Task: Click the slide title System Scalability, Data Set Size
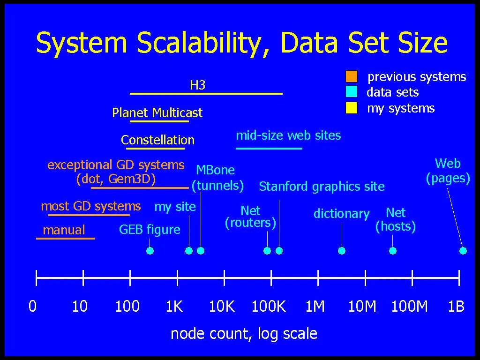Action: pyautogui.click(x=241, y=43)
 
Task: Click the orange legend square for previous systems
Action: pyautogui.click(x=351, y=76)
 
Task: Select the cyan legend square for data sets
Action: pyautogui.click(x=351, y=92)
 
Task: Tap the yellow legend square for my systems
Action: pyautogui.click(x=351, y=108)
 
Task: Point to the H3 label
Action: pyautogui.click(x=197, y=85)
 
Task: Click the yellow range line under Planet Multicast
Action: pyautogui.click(x=159, y=121)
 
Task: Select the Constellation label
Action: pyautogui.click(x=157, y=140)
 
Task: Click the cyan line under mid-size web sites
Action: pyautogui.click(x=269, y=148)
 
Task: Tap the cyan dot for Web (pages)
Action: pyautogui.click(x=463, y=251)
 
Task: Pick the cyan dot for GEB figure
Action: pyautogui.click(x=150, y=251)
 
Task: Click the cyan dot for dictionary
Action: pyautogui.click(x=342, y=251)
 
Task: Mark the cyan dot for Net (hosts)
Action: pyautogui.click(x=393, y=251)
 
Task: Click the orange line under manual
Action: pyautogui.click(x=65, y=239)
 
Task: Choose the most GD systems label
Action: pyautogui.click(x=91, y=206)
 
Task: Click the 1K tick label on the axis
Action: pyautogui.click(x=174, y=307)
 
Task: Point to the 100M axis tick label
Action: pyautogui.click(x=409, y=307)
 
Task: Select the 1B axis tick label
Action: pyautogui.click(x=456, y=307)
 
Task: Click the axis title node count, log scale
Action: pyautogui.click(x=244, y=334)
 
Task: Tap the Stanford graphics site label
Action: pyautogui.click(x=322, y=187)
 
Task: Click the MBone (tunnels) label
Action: pyautogui.click(x=217, y=178)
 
